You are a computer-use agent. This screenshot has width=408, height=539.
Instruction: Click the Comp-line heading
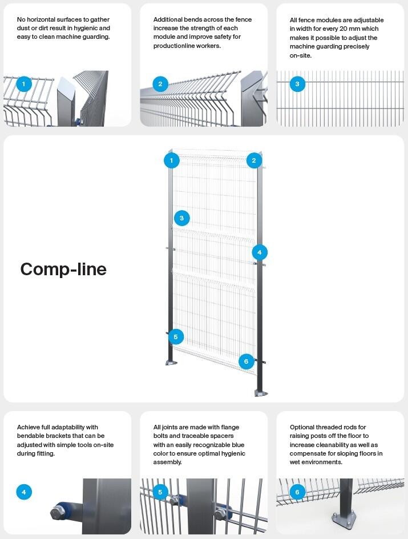click(x=63, y=269)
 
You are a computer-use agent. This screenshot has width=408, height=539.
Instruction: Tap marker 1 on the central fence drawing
click(x=171, y=160)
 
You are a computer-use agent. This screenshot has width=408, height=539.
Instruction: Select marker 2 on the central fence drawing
click(x=254, y=160)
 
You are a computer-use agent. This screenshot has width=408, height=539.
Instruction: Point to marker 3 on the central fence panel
click(x=181, y=218)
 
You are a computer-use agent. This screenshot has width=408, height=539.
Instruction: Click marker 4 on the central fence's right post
click(x=259, y=252)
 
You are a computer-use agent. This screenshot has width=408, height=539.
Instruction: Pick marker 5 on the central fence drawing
click(x=175, y=337)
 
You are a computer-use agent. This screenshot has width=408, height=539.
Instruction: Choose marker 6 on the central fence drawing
click(x=246, y=361)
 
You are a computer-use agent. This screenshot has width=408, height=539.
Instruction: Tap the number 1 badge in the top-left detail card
click(x=23, y=85)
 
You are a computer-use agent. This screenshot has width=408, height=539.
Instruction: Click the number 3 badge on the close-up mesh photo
click(x=297, y=85)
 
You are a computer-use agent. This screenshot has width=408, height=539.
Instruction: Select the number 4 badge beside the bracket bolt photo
click(x=23, y=492)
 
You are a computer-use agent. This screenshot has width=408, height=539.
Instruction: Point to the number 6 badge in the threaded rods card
click(x=297, y=492)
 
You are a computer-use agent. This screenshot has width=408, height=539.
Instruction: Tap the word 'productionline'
click(x=174, y=46)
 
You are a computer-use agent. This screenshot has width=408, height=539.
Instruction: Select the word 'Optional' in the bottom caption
click(x=303, y=427)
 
